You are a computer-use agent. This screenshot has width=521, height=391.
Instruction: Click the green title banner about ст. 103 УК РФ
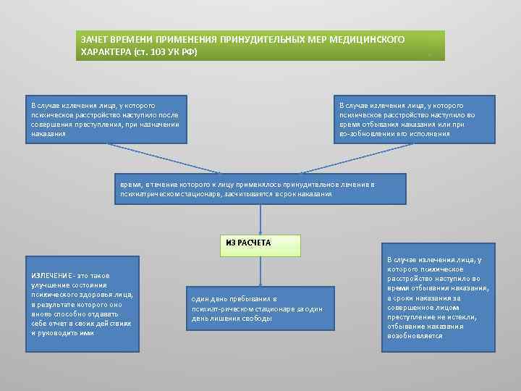pyautogui.click(x=260, y=45)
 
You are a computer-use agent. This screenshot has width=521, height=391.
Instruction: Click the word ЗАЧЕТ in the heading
pyautogui.click(x=95, y=38)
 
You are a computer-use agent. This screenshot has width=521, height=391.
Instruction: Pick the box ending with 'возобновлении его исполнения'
pyautogui.click(x=409, y=119)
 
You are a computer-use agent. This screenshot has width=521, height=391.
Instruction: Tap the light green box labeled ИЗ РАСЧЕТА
pyautogui.click(x=259, y=244)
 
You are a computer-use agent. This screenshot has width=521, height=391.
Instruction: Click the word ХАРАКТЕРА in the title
pyautogui.click(x=106, y=52)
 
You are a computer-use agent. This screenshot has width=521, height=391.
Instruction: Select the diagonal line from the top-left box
pyautogui.click(x=180, y=158)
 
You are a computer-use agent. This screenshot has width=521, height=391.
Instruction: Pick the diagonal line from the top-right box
pyautogui.click(x=337, y=158)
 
